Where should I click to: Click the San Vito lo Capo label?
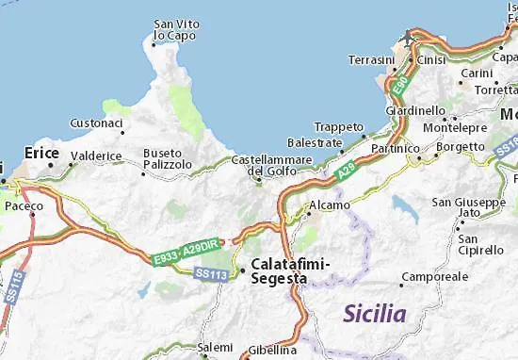pos(175,30)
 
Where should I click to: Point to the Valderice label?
pos(96,156)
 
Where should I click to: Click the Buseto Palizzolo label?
pos(167,158)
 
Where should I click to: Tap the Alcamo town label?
pos(330,205)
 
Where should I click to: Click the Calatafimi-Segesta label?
pos(279,271)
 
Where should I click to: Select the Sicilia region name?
pos(375,314)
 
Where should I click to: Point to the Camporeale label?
pos(434,278)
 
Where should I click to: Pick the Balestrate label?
pos(315,142)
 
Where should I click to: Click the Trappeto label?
pos(339,126)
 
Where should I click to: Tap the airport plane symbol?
pos(407,38)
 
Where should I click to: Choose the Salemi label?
pos(214,348)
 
